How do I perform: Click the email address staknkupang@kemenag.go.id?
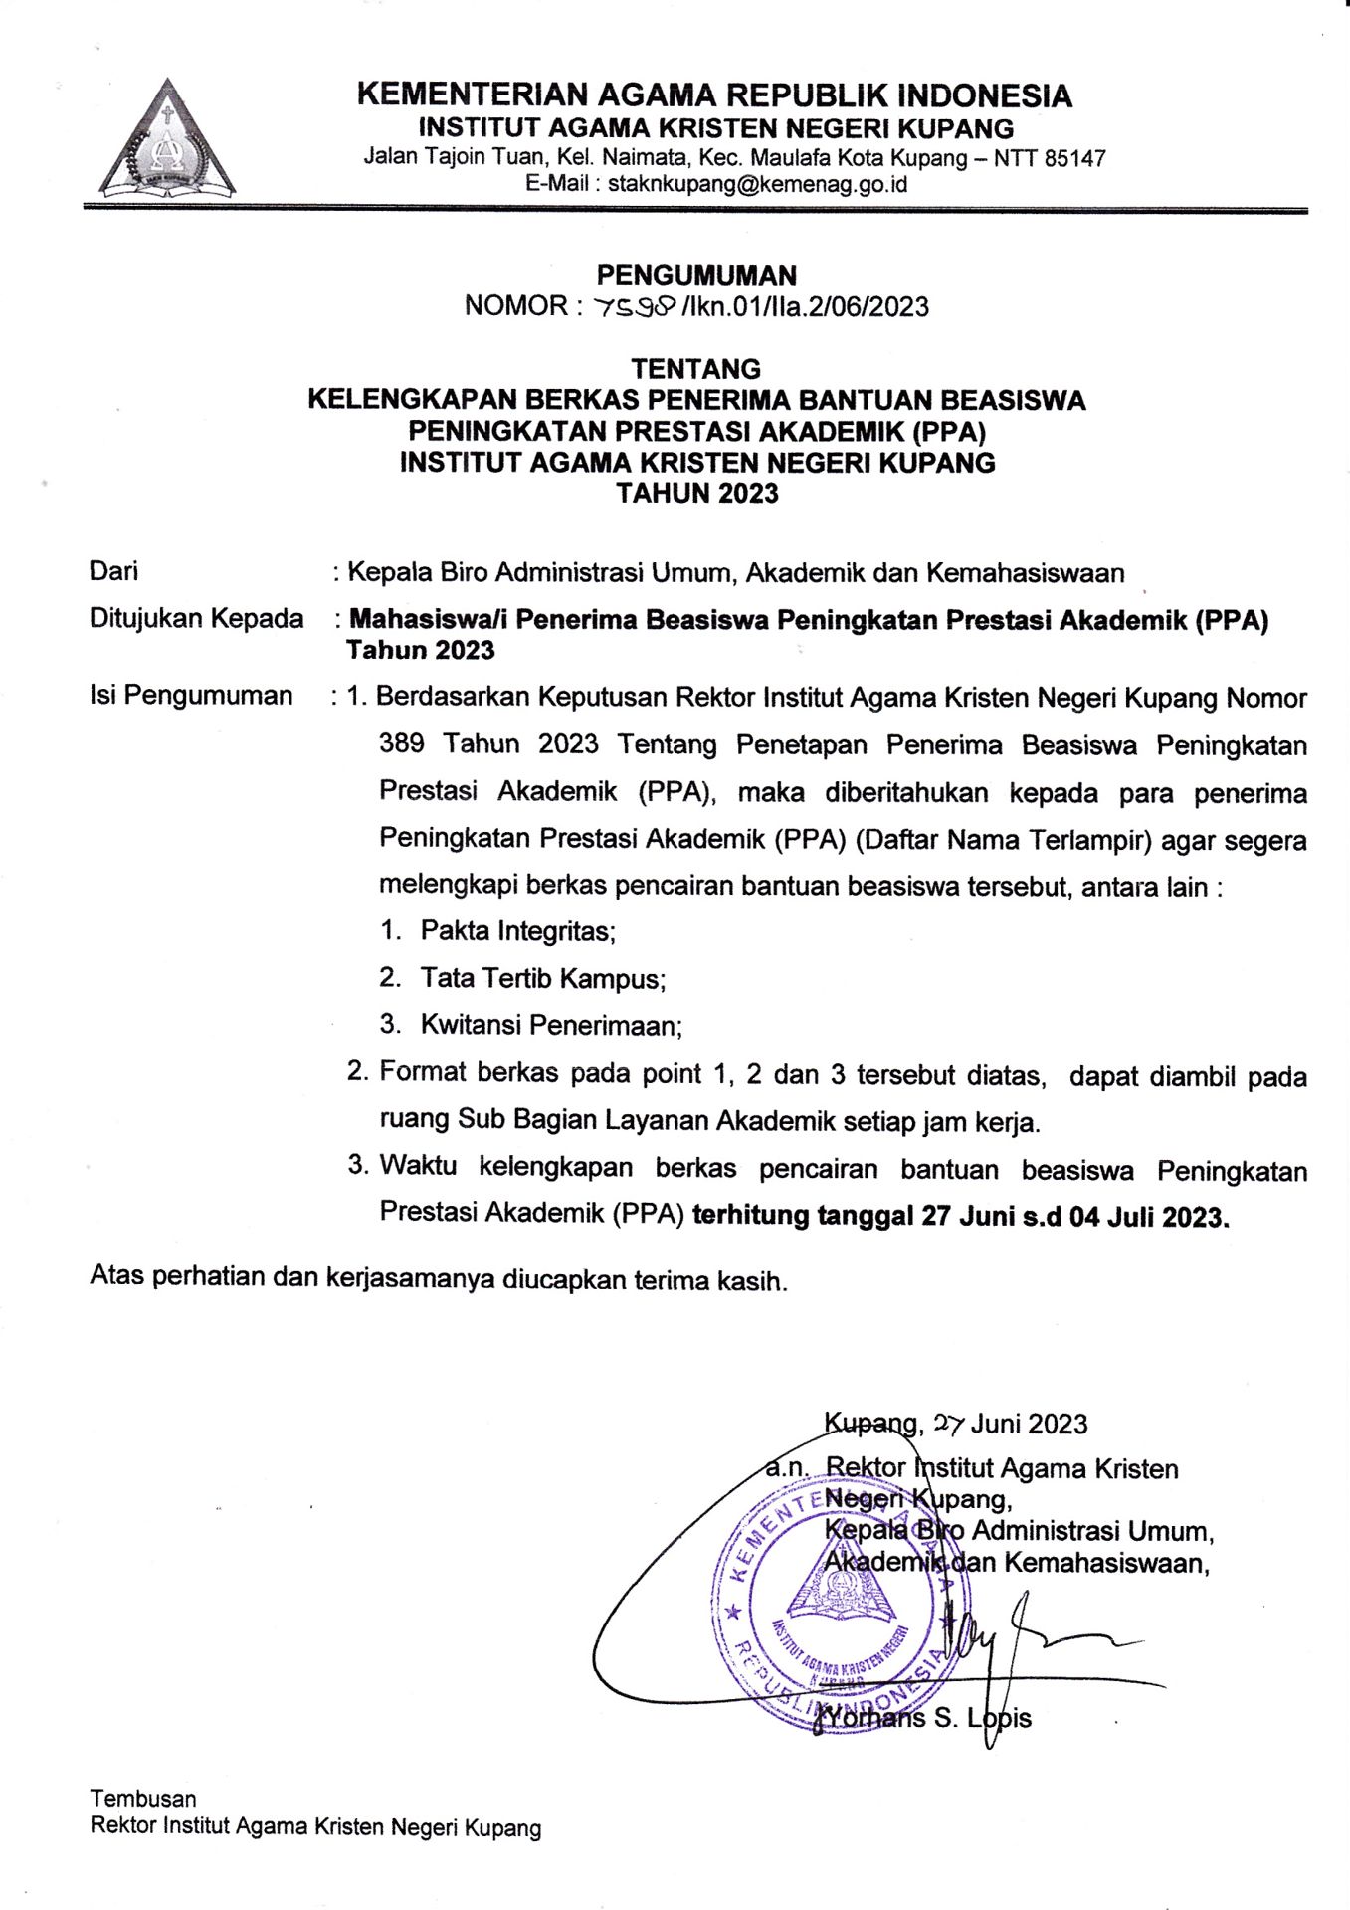coord(757,184)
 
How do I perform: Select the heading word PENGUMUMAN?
coord(696,275)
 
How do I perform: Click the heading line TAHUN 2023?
coord(696,493)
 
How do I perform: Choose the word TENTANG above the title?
coord(695,369)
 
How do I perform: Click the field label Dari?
coord(113,571)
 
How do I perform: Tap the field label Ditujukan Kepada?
coord(196,618)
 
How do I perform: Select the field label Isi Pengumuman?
coord(191,695)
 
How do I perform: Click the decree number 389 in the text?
coord(401,743)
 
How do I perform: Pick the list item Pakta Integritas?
coord(517,931)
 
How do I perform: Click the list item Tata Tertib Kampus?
coord(542,978)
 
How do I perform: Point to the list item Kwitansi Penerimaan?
coord(551,1025)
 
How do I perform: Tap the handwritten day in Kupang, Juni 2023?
coord(949,1424)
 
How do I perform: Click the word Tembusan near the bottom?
coord(143,1798)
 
